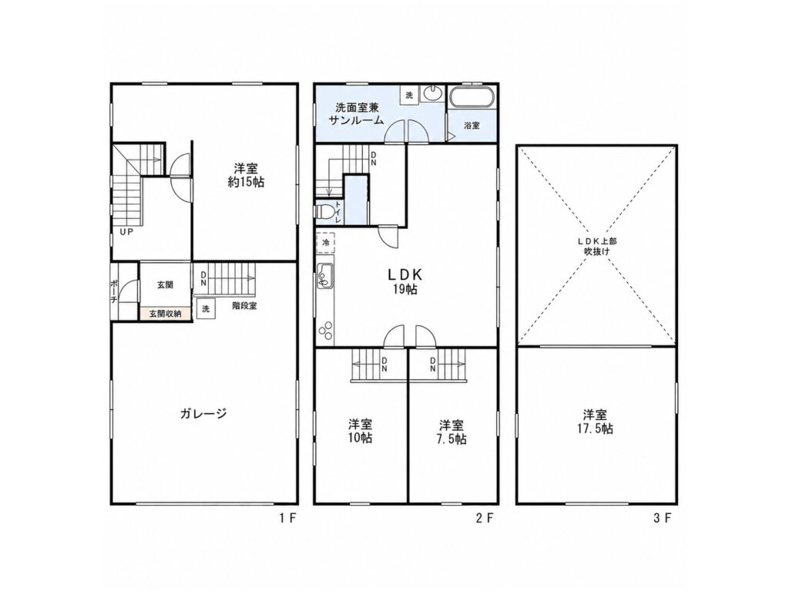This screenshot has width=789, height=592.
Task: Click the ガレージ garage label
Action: coord(203,414)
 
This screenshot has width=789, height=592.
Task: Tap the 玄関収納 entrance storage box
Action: coord(165,314)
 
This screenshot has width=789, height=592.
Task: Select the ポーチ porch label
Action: coord(114,291)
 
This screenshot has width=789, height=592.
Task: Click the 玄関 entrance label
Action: coord(165,285)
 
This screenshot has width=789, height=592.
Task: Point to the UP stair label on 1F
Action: coord(126,233)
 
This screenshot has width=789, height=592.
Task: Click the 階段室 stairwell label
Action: coord(244,305)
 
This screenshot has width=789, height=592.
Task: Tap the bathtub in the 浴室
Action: coord(472,98)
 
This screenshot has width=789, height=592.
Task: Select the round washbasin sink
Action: coord(432,93)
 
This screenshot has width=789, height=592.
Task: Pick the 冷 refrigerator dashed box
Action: coord(326,243)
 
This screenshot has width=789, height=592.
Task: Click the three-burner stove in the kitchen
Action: coord(325,330)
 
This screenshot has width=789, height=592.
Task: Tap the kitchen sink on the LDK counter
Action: coord(324,277)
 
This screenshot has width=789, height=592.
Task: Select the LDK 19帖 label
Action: coord(405,281)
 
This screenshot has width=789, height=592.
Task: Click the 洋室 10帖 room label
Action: coord(361,431)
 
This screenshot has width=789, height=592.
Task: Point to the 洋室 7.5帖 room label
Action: coord(452,432)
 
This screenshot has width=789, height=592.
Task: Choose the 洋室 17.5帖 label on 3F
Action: coord(597,422)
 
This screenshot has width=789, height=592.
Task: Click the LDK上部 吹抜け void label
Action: coord(597,246)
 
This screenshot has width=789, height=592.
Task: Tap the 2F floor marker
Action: coord(485,518)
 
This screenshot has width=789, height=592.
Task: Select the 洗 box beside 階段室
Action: coord(206,308)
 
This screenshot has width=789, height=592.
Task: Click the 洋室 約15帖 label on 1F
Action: coord(246,175)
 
